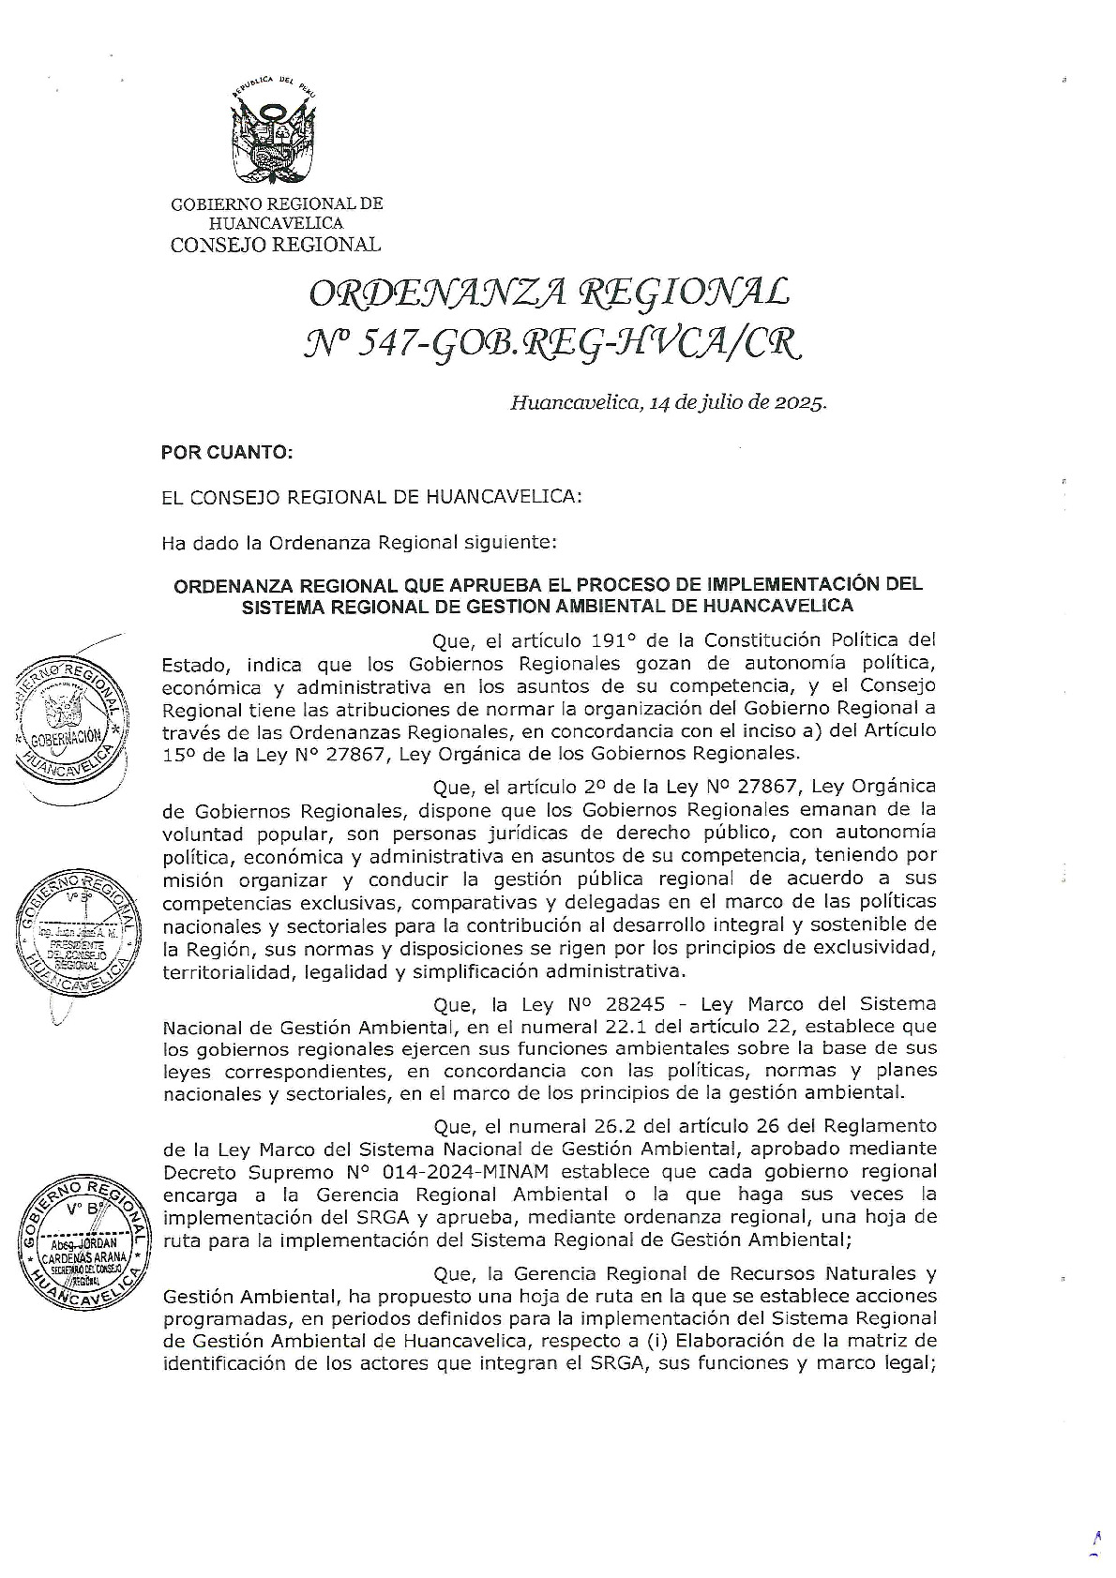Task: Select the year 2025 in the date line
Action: coord(800,404)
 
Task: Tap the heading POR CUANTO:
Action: coord(228,452)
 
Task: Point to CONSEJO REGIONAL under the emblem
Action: coord(275,245)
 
